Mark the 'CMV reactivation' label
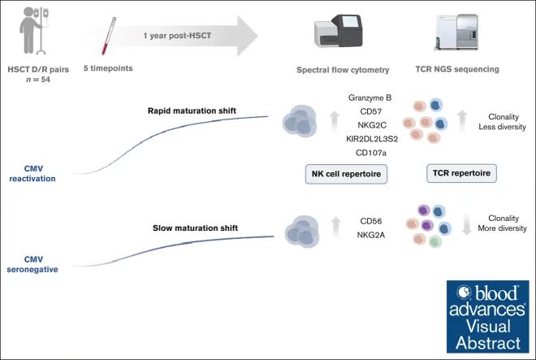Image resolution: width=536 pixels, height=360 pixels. click(33, 172)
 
